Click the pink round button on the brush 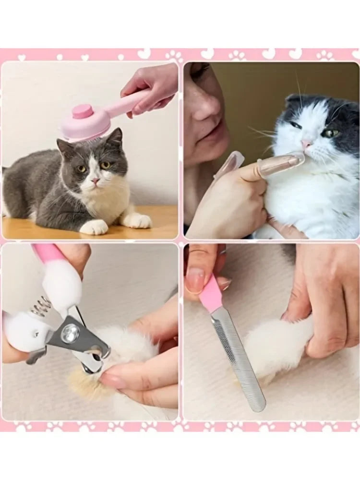[82, 112]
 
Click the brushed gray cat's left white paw [94, 227]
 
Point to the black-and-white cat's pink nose [306, 144]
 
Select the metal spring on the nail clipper [42, 306]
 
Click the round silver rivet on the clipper [71, 333]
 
